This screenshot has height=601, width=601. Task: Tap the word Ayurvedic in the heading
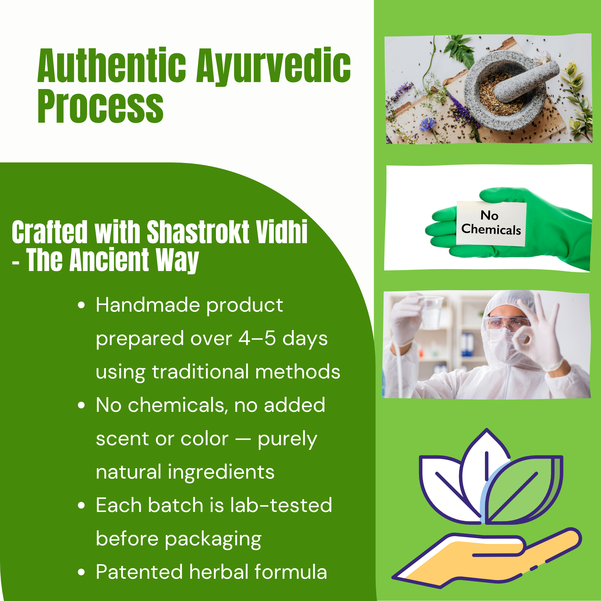tap(274, 67)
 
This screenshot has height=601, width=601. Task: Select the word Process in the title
tap(100, 106)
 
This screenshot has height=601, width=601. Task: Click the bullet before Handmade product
tap(81, 305)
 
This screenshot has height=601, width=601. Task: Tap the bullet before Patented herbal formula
tap(81, 572)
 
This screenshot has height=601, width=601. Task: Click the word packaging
tap(213, 540)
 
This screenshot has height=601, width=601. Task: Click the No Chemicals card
tap(491, 223)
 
